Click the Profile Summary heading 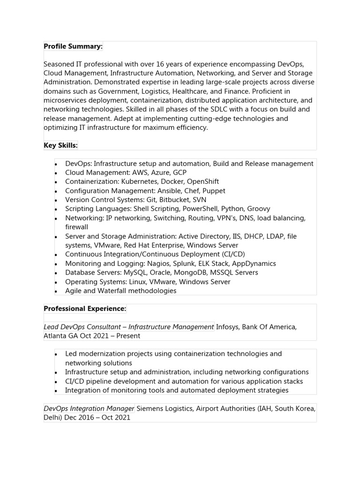[73, 46]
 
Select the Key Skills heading [60, 146]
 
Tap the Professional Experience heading [85, 309]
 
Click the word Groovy [258, 209]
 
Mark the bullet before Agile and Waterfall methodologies [55, 292]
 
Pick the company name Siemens [150, 408]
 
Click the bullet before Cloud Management [55, 173]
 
